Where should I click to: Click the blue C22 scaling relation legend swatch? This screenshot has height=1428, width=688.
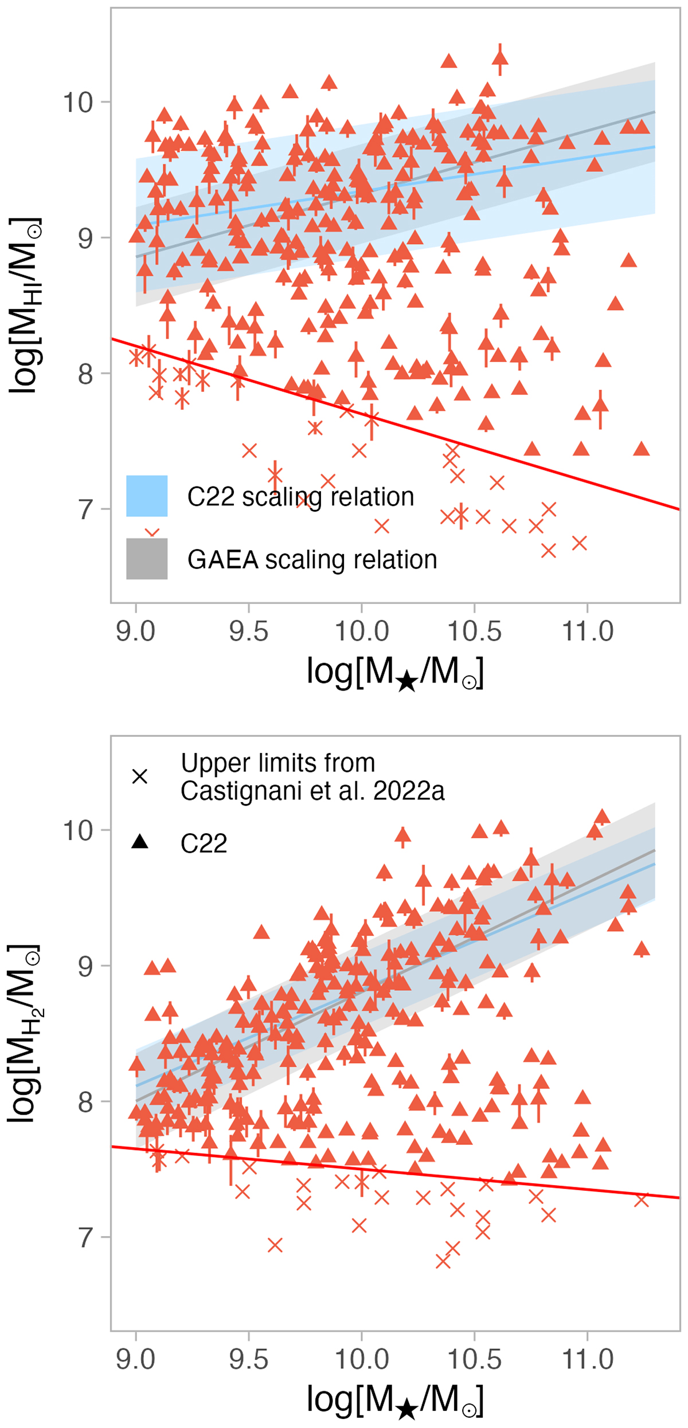click(147, 496)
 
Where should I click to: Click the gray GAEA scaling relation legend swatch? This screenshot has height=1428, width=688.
click(147, 559)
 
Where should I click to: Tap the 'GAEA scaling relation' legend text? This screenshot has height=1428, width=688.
click(312, 560)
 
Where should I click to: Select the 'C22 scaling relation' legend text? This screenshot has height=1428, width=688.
click(300, 497)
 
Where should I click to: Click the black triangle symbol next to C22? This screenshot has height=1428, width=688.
click(140, 841)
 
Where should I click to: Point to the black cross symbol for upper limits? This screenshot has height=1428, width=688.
click(140, 776)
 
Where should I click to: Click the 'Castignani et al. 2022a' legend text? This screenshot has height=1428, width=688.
click(312, 791)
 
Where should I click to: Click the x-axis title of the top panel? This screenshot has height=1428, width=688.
click(395, 673)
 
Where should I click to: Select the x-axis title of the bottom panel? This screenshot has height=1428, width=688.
click(395, 1400)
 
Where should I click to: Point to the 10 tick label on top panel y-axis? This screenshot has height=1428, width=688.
click(77, 103)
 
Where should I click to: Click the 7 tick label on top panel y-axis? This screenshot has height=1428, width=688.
click(85, 509)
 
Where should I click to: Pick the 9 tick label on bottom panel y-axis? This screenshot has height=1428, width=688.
click(85, 966)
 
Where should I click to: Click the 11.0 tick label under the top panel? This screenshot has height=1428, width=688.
click(588, 631)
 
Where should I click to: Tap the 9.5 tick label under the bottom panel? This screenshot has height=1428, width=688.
click(248, 1359)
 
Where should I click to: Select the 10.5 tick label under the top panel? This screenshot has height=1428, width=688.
click(474, 631)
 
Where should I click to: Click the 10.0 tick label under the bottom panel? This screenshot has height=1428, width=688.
click(361, 1359)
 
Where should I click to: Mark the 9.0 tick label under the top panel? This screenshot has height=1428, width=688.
click(135, 631)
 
